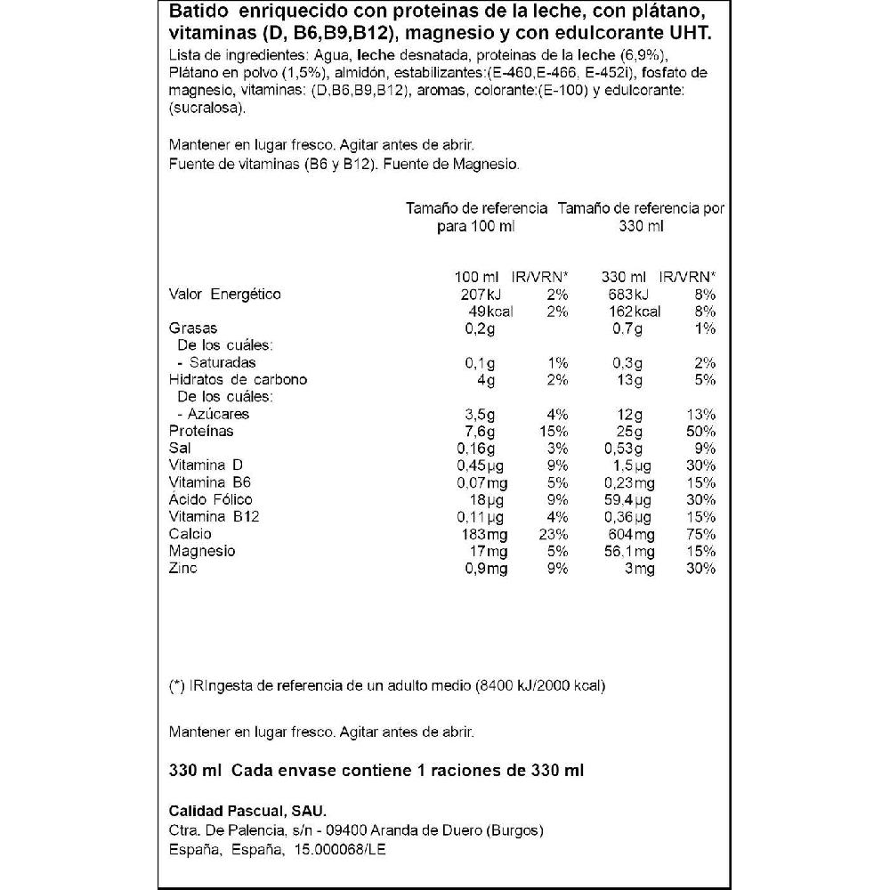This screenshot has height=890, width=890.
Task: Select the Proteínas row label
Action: [201, 431]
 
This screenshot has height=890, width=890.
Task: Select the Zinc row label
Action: [182, 568]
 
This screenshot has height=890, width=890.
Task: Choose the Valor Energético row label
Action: [224, 294]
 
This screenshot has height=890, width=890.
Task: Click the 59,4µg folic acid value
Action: [628, 499]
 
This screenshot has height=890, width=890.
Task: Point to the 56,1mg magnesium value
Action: [628, 551]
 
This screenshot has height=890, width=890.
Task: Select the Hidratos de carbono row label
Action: [238, 379]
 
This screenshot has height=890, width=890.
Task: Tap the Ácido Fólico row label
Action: [211, 499]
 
